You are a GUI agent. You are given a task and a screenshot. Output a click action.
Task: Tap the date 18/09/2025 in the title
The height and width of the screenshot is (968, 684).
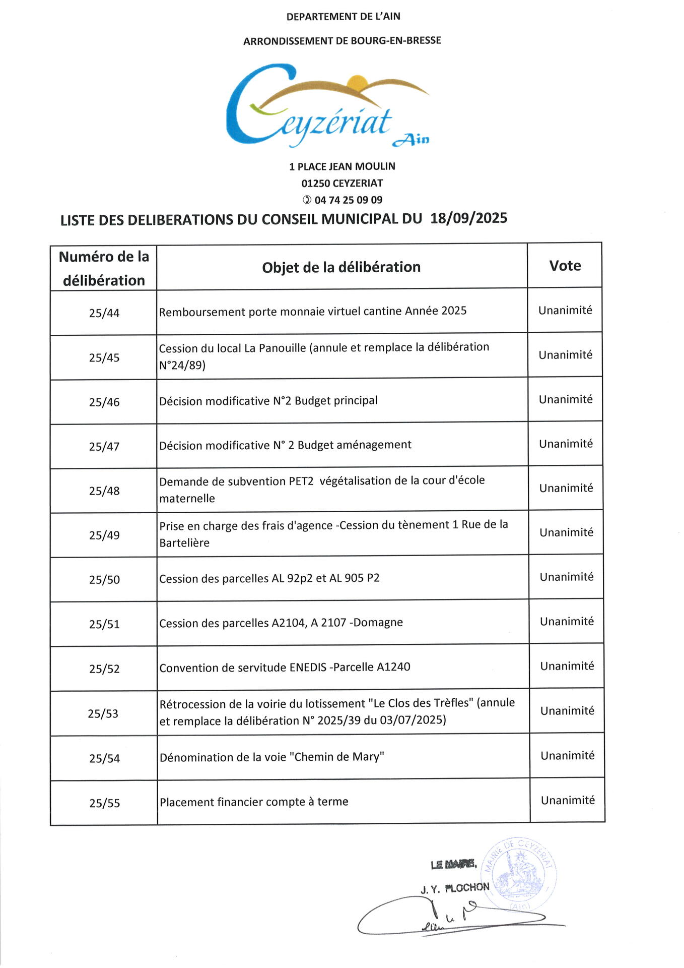(x=468, y=218)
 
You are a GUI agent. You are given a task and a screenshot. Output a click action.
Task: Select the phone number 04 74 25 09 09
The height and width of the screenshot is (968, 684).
(x=348, y=200)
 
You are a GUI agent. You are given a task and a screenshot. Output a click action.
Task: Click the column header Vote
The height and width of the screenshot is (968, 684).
(x=565, y=266)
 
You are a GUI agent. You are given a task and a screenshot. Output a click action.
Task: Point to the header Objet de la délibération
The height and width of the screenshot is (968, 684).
(x=341, y=267)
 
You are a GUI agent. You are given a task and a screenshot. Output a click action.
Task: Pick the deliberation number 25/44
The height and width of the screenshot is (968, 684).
(x=104, y=313)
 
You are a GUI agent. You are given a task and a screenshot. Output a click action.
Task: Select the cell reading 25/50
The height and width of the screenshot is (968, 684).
(x=104, y=580)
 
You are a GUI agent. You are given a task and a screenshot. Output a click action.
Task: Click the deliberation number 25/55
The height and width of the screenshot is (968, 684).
(x=104, y=803)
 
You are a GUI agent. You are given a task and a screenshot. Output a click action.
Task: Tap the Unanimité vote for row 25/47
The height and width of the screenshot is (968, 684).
(x=566, y=444)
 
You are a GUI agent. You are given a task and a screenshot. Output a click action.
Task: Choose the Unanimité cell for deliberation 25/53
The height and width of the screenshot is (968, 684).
(x=567, y=711)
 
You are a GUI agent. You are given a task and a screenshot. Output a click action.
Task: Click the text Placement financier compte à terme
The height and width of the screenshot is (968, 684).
(x=254, y=802)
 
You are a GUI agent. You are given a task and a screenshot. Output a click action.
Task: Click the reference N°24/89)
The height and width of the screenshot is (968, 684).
(x=182, y=366)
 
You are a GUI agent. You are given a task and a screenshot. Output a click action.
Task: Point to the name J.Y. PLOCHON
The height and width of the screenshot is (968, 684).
(x=455, y=888)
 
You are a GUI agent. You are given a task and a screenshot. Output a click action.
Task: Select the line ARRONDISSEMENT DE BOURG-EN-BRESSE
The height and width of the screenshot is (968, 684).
(x=342, y=41)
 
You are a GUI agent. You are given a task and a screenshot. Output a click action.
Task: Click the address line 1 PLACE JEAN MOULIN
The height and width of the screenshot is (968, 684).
(x=342, y=166)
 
